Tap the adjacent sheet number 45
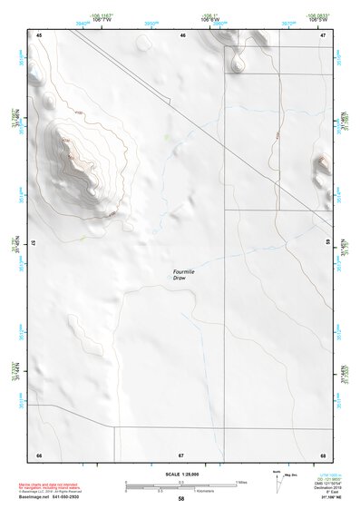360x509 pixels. click(40, 34)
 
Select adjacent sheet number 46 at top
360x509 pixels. click(183, 34)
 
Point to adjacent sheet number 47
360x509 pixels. click(323, 34)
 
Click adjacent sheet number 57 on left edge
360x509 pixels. click(34, 243)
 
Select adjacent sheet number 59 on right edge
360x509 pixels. click(328, 243)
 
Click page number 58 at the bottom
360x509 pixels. click(180, 499)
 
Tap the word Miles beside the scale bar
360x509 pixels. click(241, 482)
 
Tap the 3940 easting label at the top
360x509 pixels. click(83, 17)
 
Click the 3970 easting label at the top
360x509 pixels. click(289, 17)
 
